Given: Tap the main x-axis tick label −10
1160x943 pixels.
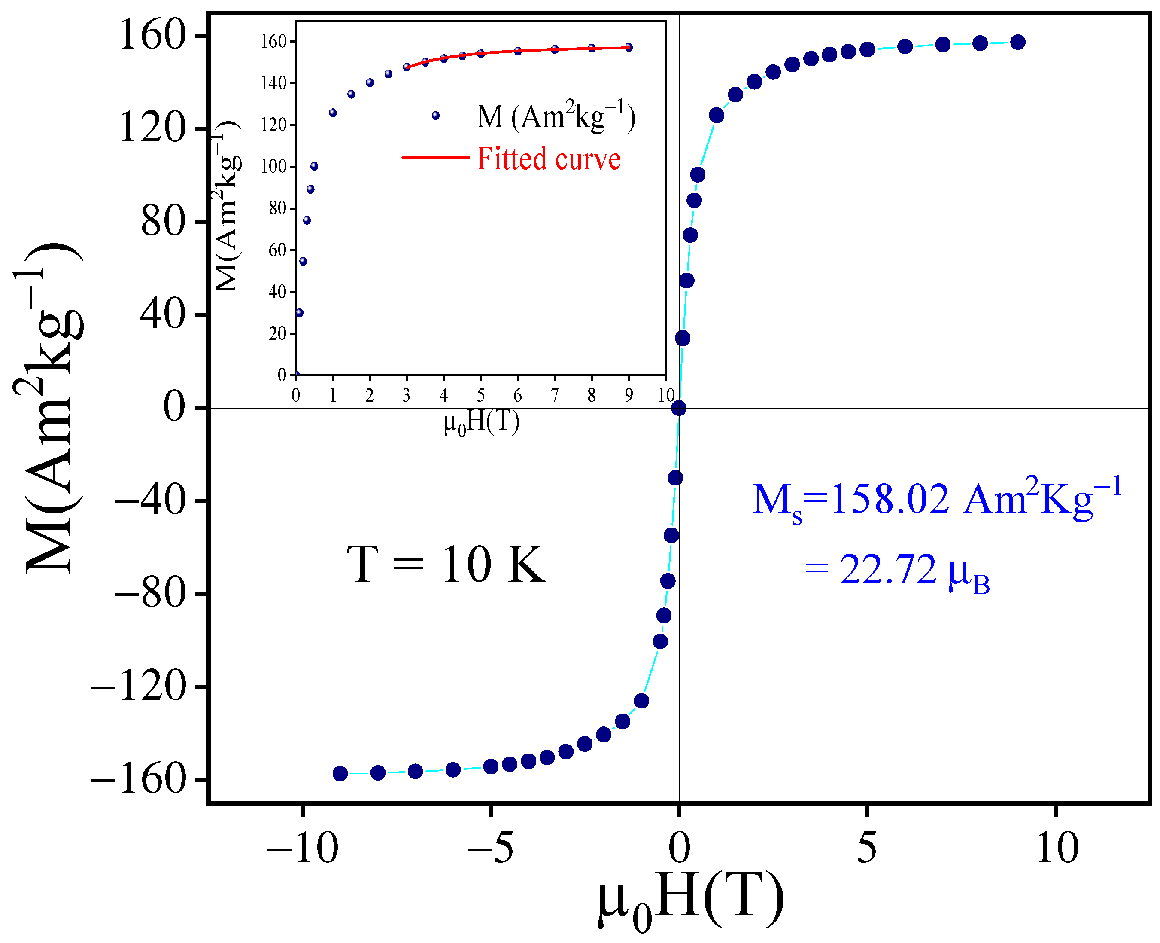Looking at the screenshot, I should tap(302, 848).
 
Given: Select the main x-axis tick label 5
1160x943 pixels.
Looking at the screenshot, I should tap(866, 848).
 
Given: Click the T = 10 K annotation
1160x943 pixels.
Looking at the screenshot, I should tap(445, 565).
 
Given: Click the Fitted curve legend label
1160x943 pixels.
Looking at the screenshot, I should tap(548, 159).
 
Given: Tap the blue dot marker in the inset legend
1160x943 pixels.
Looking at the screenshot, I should tap(435, 116).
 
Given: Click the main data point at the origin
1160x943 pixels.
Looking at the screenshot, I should tap(678, 408).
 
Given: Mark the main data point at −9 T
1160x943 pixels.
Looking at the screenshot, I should tap(340, 774).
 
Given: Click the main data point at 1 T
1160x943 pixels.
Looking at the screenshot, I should tap(717, 115).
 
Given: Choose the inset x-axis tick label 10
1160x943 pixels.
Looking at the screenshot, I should tap(665, 395).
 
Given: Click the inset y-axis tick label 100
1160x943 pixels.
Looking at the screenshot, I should tap(273, 167).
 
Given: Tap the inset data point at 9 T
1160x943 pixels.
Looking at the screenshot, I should tap(629, 47).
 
